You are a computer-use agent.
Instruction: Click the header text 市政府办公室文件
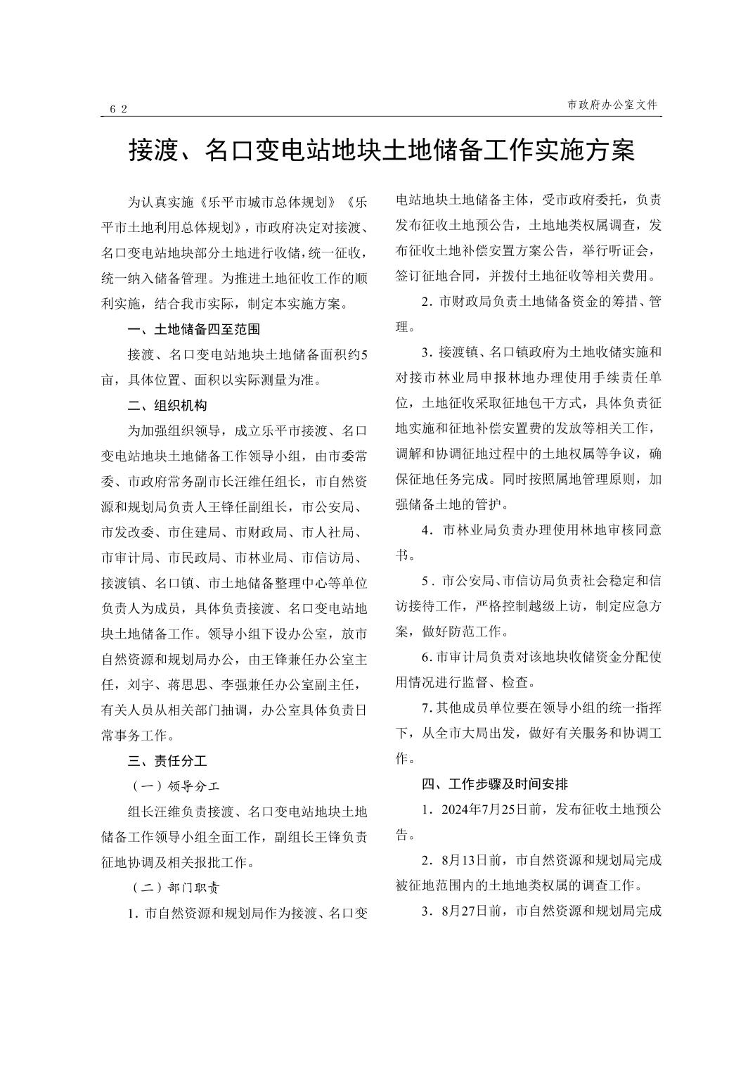[612, 105]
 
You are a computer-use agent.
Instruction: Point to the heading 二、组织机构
[167, 406]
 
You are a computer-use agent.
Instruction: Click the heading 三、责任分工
[167, 761]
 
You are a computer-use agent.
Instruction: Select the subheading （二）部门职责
[176, 888]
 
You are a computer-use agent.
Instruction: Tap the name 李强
[235, 684]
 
